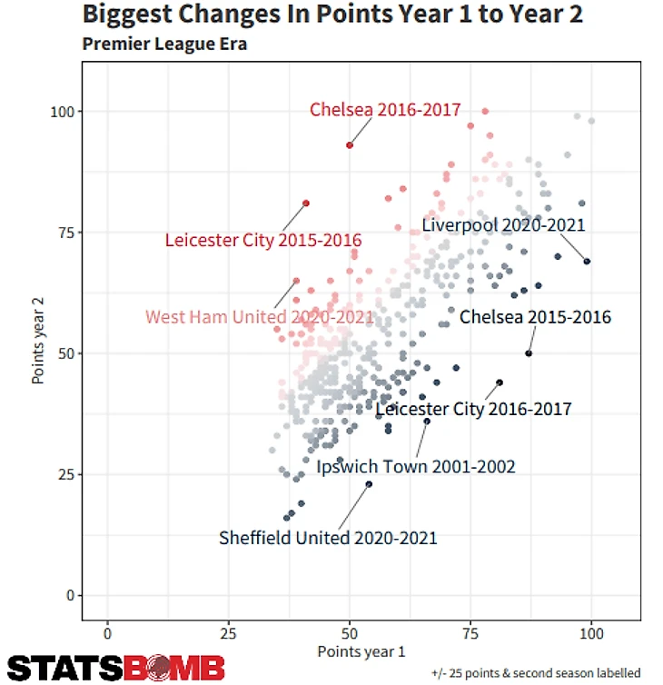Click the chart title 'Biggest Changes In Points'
pyautogui.click(x=331, y=15)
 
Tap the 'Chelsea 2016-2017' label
pyautogui.click(x=385, y=110)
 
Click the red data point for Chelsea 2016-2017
pyautogui.click(x=350, y=145)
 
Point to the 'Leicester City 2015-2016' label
pyautogui.click(x=263, y=241)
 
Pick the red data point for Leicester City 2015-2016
pyautogui.click(x=306, y=203)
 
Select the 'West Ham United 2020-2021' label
pyautogui.click(x=260, y=317)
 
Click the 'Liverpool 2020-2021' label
pyautogui.click(x=503, y=224)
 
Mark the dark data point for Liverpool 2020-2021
pyautogui.click(x=587, y=262)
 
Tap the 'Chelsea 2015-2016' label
pyautogui.click(x=535, y=317)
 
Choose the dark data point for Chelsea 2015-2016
pyautogui.click(x=529, y=353)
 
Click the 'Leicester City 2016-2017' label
pyautogui.click(x=473, y=410)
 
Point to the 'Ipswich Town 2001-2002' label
pyautogui.click(x=416, y=467)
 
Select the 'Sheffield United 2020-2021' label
pyautogui.click(x=328, y=538)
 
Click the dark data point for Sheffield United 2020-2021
pyautogui.click(x=369, y=484)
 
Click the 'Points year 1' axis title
pyautogui.click(x=361, y=651)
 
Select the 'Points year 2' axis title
pyautogui.click(x=38, y=339)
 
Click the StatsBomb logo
pyautogui.click(x=116, y=668)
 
